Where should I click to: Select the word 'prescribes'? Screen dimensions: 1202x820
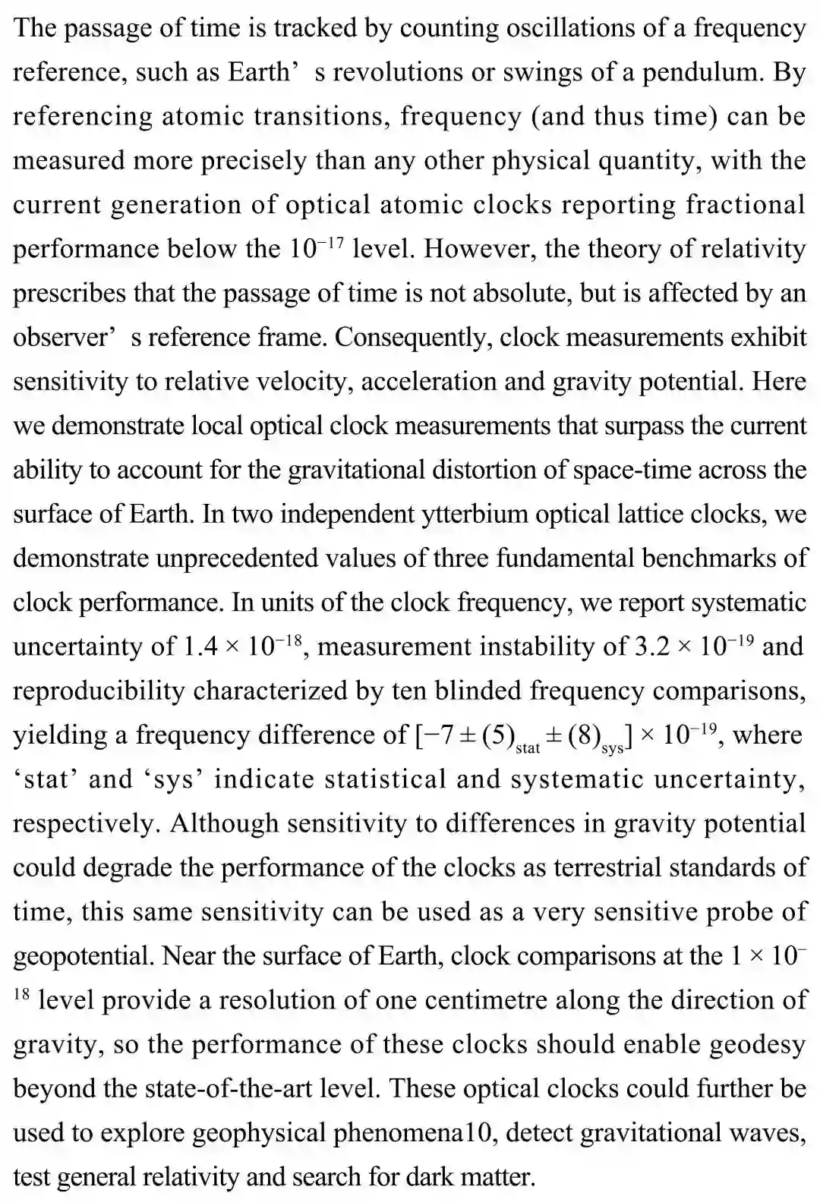click(69, 293)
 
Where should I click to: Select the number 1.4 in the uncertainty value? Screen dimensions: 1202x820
click(202, 647)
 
